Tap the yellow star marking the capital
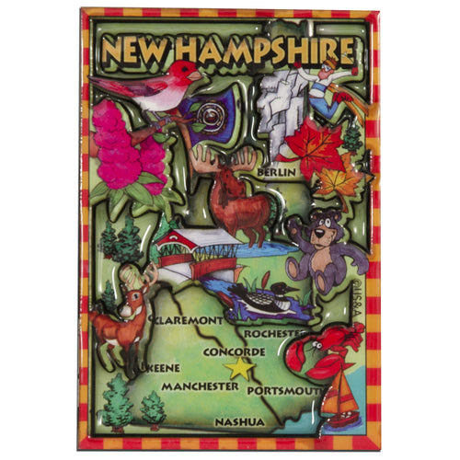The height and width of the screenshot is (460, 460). coord(240,368)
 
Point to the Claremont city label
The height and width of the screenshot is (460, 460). coord(189,320)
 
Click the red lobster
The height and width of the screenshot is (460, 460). coord(321,354)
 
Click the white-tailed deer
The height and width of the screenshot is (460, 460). coord(124,317)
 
